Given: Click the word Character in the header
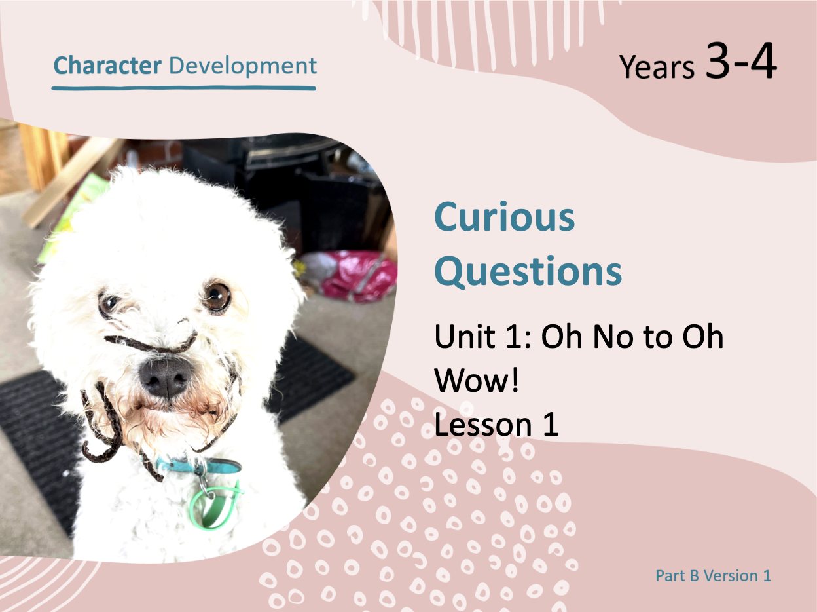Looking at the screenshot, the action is click(107, 66).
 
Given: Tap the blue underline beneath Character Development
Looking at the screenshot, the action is click(183, 88).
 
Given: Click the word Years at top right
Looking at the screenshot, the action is click(657, 67).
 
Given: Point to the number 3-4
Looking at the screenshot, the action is click(741, 60).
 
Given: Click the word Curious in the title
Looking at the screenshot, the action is click(504, 217).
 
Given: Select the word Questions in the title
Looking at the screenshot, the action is click(528, 271).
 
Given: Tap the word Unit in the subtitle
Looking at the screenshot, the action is click(465, 337).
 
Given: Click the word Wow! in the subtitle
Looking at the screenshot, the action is click(477, 380).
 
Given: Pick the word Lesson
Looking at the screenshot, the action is click(483, 424).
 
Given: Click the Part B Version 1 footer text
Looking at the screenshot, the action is click(713, 576).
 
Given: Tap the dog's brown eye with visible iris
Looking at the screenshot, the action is click(217, 296).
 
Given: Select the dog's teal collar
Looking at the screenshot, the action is click(198, 467).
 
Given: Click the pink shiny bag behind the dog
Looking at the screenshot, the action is click(354, 276).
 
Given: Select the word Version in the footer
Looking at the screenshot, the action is click(731, 576).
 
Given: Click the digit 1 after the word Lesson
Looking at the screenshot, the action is click(551, 424).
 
